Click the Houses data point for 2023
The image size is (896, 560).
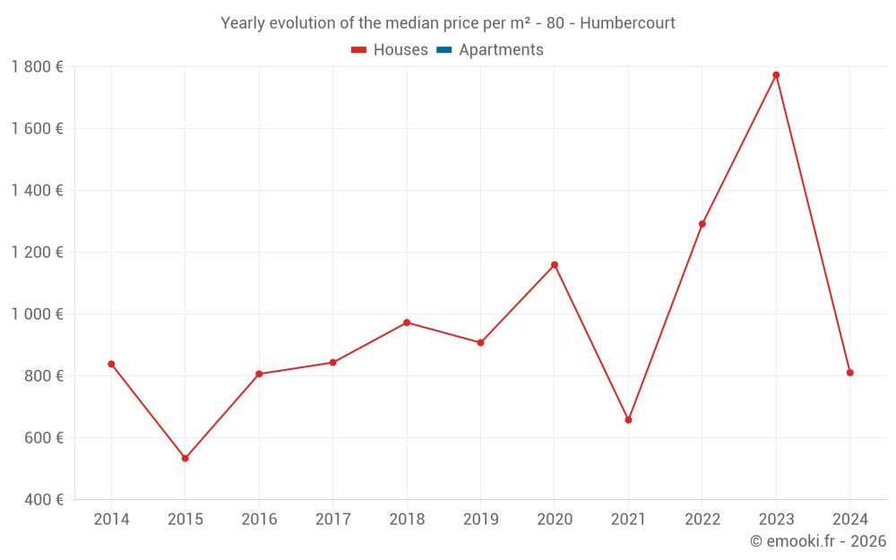pos(776,75)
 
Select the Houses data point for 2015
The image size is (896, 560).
pos(185,458)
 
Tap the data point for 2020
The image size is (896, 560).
pos(555,265)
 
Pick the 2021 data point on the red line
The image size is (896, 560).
pos(628,419)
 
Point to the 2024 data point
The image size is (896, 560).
pos(849,373)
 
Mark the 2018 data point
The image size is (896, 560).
pos(407,323)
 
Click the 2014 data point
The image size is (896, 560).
pos(111,364)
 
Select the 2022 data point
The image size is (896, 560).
pos(702,224)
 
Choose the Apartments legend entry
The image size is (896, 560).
pos(501,50)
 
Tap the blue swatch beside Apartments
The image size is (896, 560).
pos(444,50)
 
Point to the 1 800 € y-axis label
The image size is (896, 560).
pos(37,66)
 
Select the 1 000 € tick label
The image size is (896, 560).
pos(37,314)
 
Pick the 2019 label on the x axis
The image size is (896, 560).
pos(480,520)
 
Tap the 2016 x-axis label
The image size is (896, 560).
pos(259,520)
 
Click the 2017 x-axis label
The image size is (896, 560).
pos(332,520)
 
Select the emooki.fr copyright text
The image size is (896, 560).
pos(817,541)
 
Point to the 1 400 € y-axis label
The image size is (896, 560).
pos(37,190)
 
